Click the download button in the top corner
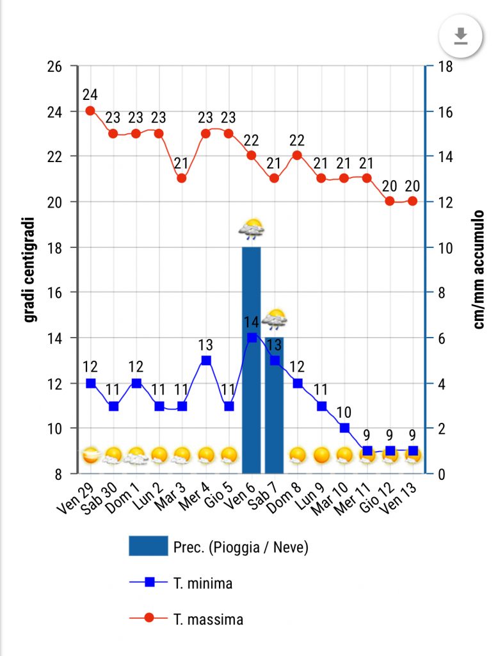point(460,37)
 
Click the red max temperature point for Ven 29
point(90,110)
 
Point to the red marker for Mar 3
point(182,178)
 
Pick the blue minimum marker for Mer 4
point(206,360)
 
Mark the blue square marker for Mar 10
point(344,428)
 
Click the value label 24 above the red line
point(90,95)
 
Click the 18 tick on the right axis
point(444,66)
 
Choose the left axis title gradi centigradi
point(29,270)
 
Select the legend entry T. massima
point(207,619)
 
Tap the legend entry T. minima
point(202,583)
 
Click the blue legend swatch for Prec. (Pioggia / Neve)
point(148,546)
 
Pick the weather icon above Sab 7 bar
point(275,319)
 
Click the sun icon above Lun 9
point(321,455)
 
